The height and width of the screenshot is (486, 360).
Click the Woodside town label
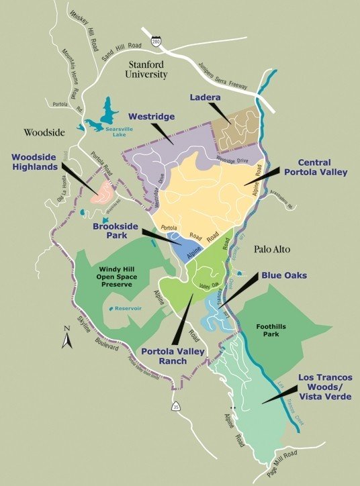pos(44,132)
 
